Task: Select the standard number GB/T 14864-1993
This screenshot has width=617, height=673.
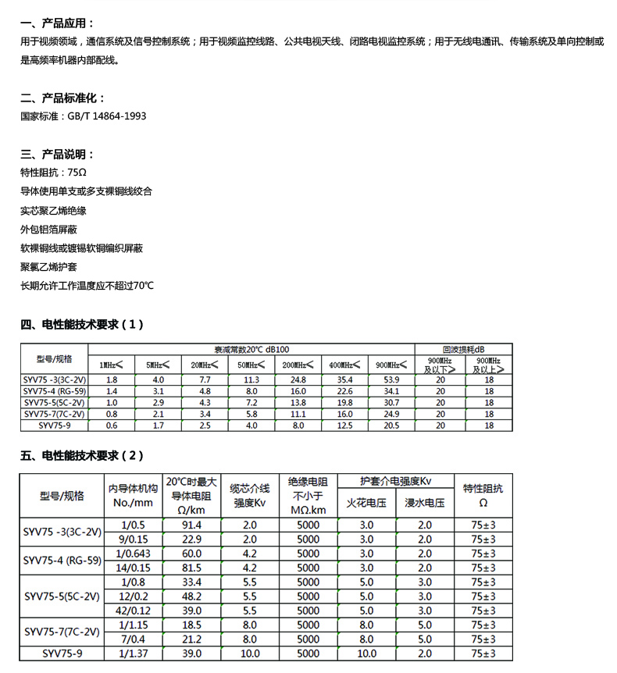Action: tap(107, 116)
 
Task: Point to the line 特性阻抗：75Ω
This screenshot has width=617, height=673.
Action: tap(53, 172)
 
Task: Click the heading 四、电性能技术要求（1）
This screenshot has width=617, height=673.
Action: tap(82, 324)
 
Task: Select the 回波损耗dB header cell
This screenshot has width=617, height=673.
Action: tap(464, 349)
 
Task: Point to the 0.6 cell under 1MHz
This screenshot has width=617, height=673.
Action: tap(111, 426)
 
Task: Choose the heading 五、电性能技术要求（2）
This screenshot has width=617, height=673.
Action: tap(82, 455)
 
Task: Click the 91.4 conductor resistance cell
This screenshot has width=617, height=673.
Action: tap(191, 525)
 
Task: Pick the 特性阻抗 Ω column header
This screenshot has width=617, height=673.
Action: tap(483, 495)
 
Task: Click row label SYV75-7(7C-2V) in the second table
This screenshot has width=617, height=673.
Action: tap(62, 632)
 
